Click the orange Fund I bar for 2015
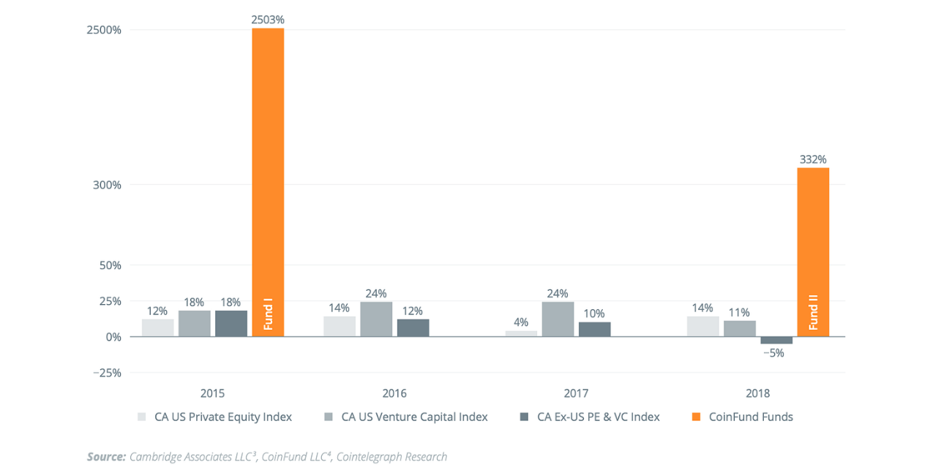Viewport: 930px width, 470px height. click(x=268, y=182)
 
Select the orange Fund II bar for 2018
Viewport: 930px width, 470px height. click(x=812, y=252)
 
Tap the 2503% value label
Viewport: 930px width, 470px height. click(x=268, y=20)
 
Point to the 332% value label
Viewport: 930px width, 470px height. click(x=813, y=159)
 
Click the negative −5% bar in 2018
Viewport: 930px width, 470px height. click(x=776, y=340)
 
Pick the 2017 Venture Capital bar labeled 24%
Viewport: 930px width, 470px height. click(x=558, y=319)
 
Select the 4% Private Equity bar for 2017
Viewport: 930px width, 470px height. click(x=522, y=333)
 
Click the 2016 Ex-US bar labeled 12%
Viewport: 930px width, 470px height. click(x=413, y=327)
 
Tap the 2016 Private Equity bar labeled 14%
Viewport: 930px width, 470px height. click(x=340, y=326)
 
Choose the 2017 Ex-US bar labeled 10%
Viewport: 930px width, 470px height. click(x=594, y=329)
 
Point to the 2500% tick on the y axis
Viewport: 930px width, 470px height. click(x=105, y=30)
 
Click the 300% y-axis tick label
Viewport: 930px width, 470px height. click(x=108, y=185)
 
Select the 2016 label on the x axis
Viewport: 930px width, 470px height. click(x=394, y=393)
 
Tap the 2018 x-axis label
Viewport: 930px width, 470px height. click(x=758, y=393)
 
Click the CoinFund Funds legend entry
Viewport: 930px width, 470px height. click(x=749, y=417)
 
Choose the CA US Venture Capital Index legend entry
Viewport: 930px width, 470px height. click(x=414, y=417)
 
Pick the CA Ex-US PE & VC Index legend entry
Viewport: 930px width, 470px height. click(x=598, y=417)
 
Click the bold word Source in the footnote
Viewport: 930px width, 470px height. click(x=106, y=457)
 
